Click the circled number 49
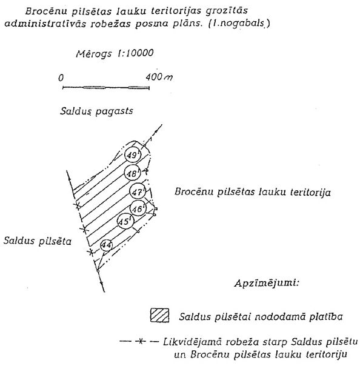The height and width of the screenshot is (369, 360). click(x=133, y=155)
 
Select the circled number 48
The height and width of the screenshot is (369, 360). click(x=132, y=173)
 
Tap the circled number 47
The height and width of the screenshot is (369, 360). click(x=138, y=191)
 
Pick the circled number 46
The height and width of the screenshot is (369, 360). click(x=138, y=208)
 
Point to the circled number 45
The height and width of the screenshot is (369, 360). click(x=125, y=221)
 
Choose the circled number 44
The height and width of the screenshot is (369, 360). click(x=107, y=245)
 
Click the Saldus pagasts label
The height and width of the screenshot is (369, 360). click(x=96, y=111)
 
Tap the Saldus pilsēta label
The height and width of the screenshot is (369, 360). click(x=37, y=241)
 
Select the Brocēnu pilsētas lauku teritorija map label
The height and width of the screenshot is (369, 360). click(x=253, y=192)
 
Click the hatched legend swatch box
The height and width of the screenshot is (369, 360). click(x=159, y=315)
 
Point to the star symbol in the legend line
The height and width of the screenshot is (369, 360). click(x=141, y=341)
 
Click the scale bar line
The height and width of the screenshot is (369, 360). click(x=106, y=88)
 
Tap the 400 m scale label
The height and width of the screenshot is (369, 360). click(x=159, y=77)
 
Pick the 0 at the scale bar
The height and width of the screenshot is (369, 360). click(x=61, y=78)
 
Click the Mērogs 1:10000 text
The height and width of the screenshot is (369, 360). click(x=115, y=53)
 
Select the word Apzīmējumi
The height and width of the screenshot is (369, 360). click(x=267, y=282)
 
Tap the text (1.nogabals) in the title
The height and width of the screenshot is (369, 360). click(x=239, y=24)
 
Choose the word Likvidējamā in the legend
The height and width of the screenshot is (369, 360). click(x=192, y=342)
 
